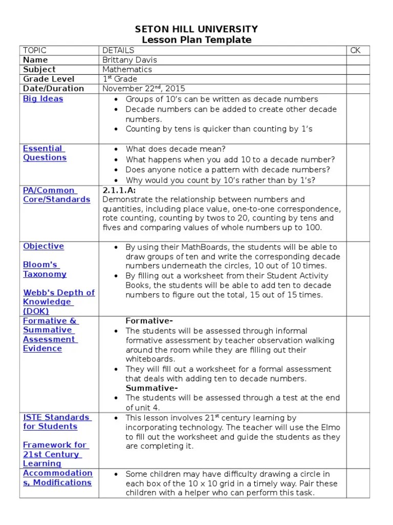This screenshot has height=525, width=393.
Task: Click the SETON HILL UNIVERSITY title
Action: [196, 29]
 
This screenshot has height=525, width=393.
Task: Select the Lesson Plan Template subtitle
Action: [196, 40]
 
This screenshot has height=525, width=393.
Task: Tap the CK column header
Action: [355, 50]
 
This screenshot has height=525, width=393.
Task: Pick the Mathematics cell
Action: [127, 69]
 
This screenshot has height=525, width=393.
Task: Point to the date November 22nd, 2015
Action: [143, 88]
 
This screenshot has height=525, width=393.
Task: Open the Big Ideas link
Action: [43, 98]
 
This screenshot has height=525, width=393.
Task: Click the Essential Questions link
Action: [45, 153]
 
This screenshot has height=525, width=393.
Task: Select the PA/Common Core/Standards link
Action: [56, 195]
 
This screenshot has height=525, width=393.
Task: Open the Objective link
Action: [43, 246]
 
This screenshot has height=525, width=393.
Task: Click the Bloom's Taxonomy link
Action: [45, 269]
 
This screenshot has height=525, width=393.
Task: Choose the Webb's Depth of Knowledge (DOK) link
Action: [58, 301]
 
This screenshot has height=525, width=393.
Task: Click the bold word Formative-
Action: [149, 321]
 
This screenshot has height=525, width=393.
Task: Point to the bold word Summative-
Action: [151, 388]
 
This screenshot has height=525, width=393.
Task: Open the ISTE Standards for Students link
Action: [56, 422]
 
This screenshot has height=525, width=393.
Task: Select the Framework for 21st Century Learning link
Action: [55, 454]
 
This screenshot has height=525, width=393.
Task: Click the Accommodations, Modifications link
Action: [57, 478]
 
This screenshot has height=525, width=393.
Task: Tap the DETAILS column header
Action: [118, 50]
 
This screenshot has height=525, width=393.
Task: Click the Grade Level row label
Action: [49, 79]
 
